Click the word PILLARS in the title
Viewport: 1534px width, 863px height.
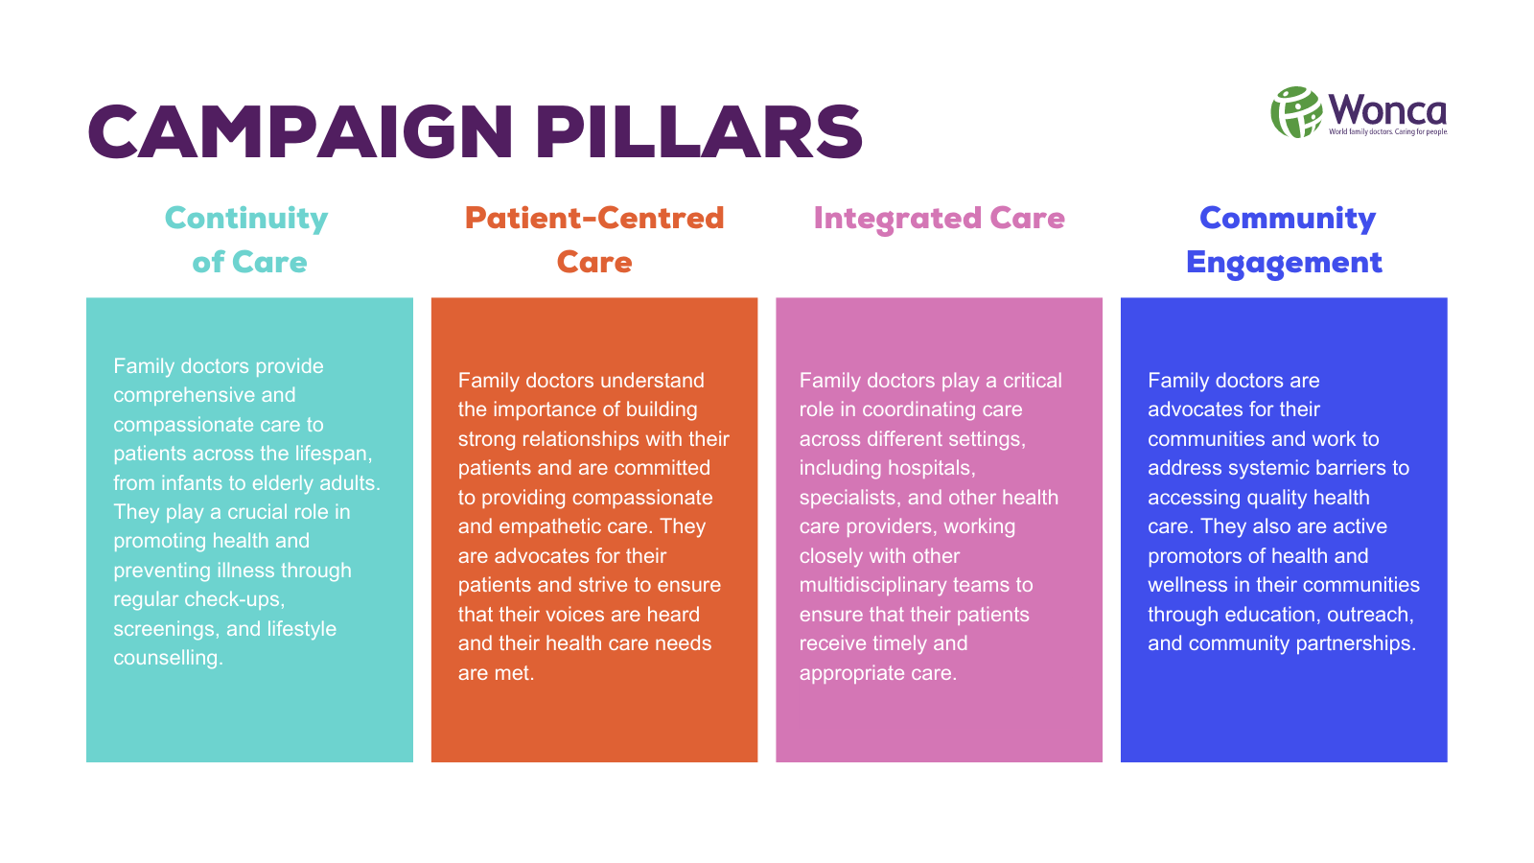coord(699,131)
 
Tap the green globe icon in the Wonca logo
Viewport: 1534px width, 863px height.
coord(1296,112)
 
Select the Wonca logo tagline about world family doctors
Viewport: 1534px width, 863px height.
coord(1388,131)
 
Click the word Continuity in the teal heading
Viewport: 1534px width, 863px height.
coord(246,220)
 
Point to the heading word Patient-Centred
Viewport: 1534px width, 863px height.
coord(594,219)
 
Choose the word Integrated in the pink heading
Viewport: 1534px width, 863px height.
coord(897,220)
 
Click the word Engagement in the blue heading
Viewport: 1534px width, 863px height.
coord(1284,264)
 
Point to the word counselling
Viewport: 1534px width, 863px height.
coord(169,658)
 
